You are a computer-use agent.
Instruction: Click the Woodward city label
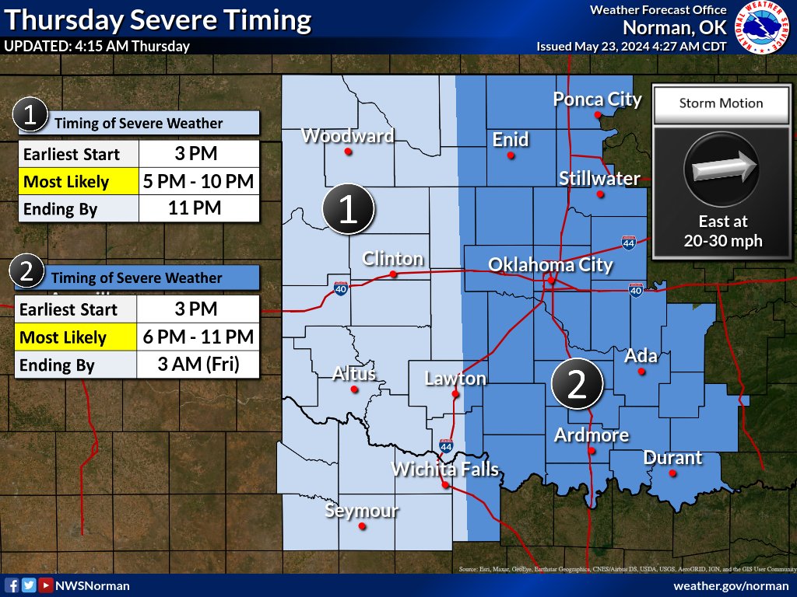(x=347, y=136)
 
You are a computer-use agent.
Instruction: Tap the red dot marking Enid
(x=511, y=155)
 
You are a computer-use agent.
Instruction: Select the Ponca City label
(x=597, y=99)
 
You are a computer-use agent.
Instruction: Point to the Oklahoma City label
(x=550, y=265)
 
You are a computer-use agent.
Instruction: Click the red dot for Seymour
(x=362, y=526)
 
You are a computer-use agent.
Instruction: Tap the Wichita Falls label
(x=444, y=470)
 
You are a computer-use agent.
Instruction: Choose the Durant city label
(x=672, y=458)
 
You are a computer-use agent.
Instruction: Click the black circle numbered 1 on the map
(x=349, y=209)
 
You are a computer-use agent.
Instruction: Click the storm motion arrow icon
(x=720, y=165)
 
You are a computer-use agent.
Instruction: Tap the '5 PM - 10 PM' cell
(x=198, y=182)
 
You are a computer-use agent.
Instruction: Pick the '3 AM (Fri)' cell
(x=198, y=365)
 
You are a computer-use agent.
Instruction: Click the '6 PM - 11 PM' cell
(x=198, y=337)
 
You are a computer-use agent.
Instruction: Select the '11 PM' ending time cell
(x=198, y=208)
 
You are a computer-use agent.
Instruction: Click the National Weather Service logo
(x=763, y=28)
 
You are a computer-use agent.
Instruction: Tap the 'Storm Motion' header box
(x=721, y=103)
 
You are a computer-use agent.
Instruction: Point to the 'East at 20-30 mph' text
(x=723, y=232)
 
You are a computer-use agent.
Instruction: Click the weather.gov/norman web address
(x=729, y=585)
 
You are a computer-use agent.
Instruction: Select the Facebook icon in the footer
(x=12, y=585)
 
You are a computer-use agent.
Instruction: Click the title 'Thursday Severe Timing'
(x=158, y=19)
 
